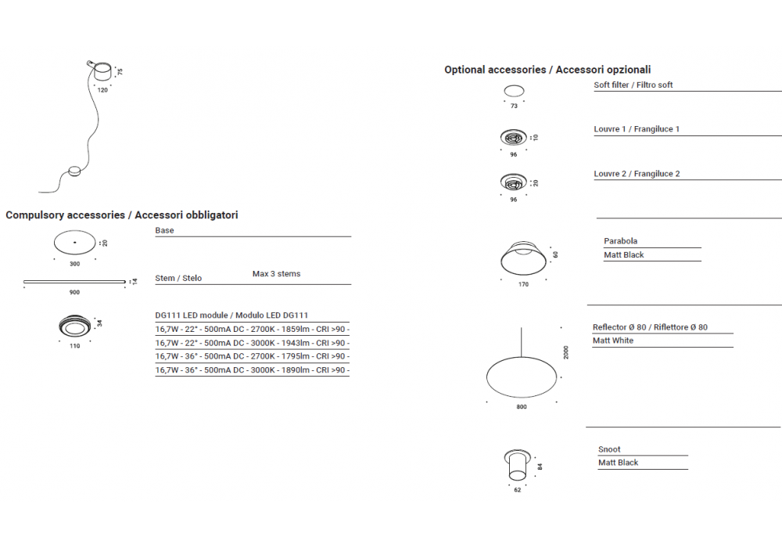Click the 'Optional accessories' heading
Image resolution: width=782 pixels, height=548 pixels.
547,70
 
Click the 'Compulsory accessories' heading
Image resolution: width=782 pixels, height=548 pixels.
122,215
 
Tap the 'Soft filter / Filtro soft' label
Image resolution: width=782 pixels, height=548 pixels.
633,85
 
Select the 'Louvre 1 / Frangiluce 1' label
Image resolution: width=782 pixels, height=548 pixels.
637,129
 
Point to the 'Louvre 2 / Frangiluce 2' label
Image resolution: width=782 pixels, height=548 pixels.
637,174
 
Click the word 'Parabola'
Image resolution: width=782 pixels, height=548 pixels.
621,241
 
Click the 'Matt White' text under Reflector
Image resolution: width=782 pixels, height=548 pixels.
613,341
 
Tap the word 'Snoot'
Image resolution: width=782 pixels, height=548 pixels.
609,449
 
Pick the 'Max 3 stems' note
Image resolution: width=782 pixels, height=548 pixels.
276,274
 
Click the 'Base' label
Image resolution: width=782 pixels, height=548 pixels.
165,231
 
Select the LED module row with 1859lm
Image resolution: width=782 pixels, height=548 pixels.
252,330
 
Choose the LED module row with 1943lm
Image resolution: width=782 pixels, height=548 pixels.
252,343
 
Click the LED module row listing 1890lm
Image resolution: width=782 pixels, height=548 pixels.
252,370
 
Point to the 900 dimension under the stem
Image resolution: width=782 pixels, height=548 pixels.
74,292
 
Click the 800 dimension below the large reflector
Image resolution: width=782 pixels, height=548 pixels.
522,407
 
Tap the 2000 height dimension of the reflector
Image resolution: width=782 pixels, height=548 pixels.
566,352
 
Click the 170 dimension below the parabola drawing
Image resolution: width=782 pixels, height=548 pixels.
523,284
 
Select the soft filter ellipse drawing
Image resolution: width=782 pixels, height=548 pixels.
514,91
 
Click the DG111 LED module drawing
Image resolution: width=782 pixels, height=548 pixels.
75,325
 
